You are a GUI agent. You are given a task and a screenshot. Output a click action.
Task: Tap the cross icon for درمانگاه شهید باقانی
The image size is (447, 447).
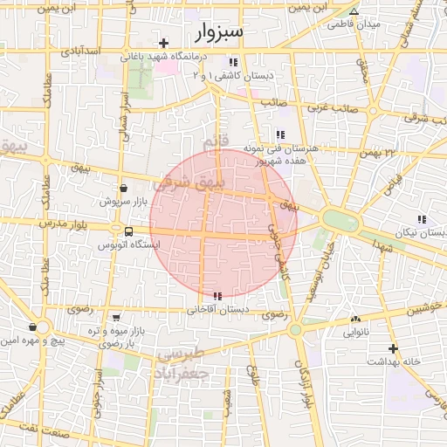[163, 43]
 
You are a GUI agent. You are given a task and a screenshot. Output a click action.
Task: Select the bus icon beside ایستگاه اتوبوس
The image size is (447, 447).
[128, 232]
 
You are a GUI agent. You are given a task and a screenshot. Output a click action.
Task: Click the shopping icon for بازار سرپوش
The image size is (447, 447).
[122, 188]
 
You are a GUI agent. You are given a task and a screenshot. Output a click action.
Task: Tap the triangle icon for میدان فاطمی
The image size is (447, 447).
[354, 11]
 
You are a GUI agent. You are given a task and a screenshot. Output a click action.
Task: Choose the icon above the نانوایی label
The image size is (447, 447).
[354, 319]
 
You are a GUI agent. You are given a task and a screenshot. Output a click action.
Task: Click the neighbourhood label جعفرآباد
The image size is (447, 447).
[186, 373]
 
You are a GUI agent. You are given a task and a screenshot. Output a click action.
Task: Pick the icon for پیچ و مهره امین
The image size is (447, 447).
[32, 327]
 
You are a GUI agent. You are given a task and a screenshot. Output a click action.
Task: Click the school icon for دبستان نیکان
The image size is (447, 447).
[422, 220]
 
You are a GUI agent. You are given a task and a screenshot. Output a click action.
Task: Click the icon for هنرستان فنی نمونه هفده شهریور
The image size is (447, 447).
[279, 134]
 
